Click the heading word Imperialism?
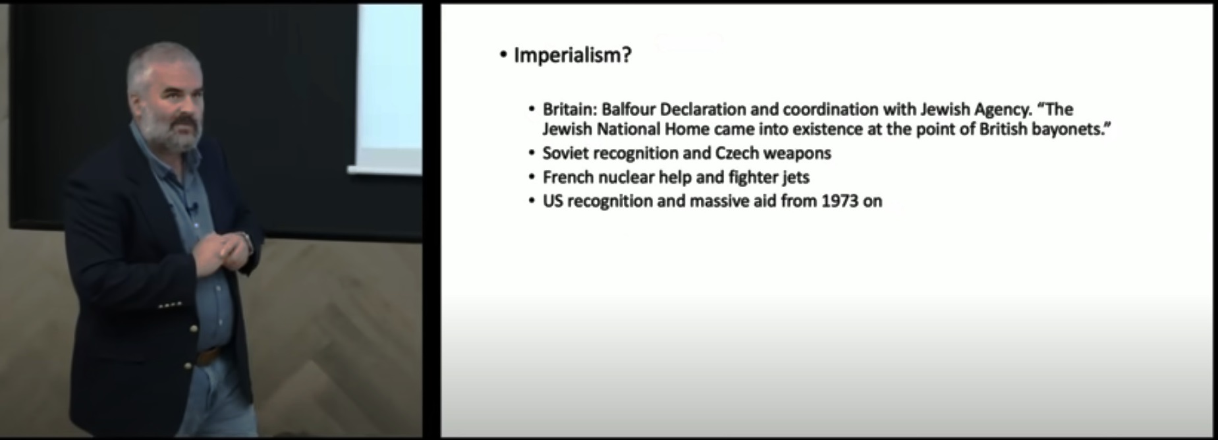[x=572, y=55]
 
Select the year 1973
[x=840, y=201]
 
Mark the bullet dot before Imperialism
[x=504, y=55]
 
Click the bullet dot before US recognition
[x=532, y=201]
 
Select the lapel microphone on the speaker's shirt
[x=192, y=209]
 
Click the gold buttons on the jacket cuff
[x=170, y=305]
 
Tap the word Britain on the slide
[x=570, y=109]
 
